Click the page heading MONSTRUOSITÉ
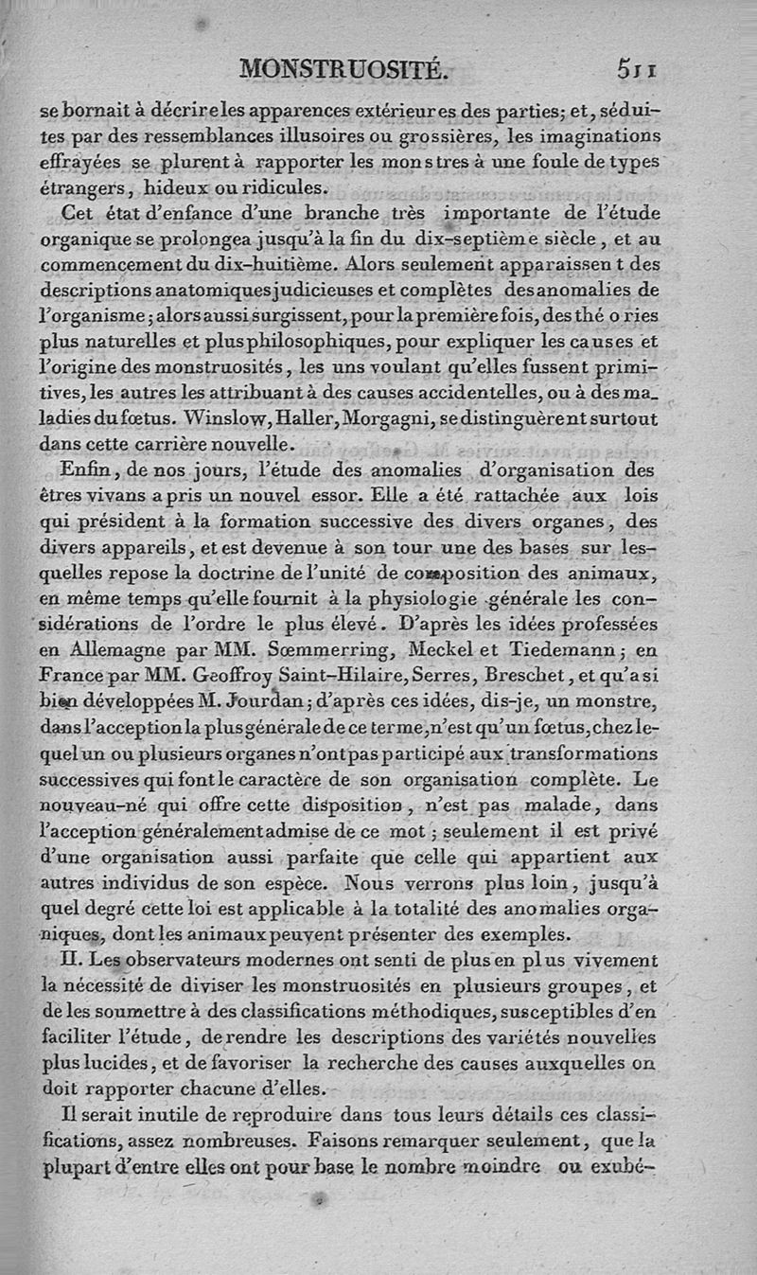click(343, 68)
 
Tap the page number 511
click(638, 68)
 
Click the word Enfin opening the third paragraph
click(85, 470)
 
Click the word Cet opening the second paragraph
click(79, 212)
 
